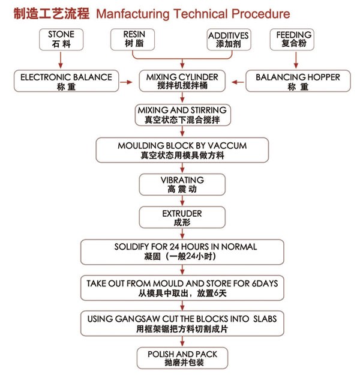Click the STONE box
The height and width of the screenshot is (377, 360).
click(x=61, y=39)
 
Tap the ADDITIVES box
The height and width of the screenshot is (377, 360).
click(x=228, y=39)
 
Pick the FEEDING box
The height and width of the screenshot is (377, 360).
click(x=294, y=39)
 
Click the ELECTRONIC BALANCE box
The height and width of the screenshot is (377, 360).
click(x=66, y=82)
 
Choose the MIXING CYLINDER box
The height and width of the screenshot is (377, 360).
click(x=182, y=82)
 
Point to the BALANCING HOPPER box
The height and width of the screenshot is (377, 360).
click(x=298, y=82)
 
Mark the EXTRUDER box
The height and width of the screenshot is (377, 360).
click(x=182, y=217)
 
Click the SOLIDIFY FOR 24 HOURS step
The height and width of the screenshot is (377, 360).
click(x=182, y=251)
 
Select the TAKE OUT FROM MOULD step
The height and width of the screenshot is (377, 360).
click(x=182, y=286)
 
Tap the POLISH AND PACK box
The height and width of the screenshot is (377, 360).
click(x=182, y=358)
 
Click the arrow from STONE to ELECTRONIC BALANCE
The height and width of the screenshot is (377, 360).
click(x=61, y=60)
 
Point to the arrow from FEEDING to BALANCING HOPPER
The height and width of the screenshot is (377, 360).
click(x=295, y=60)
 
